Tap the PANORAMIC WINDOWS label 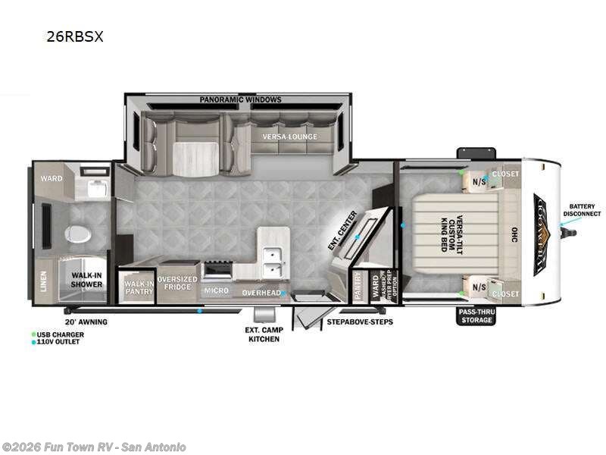(241, 99)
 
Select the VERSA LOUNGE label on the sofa (290, 136)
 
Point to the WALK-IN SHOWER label (87, 280)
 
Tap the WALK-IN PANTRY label (139, 287)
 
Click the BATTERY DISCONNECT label (583, 209)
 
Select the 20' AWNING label (86, 322)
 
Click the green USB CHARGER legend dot (33, 334)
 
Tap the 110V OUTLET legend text (60, 342)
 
